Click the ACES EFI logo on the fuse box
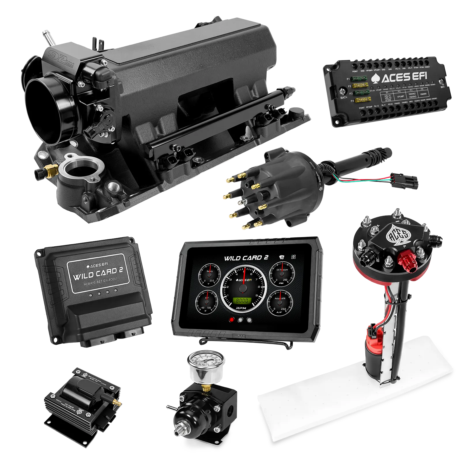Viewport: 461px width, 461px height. [x=399, y=77]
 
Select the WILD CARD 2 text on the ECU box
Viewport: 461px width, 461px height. [x=98, y=273]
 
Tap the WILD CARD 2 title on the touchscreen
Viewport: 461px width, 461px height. [x=246, y=258]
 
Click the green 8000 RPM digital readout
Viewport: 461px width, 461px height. [x=242, y=301]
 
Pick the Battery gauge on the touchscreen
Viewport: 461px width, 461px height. [x=210, y=275]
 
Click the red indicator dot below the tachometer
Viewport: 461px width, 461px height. [x=231, y=320]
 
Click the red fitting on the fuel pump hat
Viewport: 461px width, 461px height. [x=405, y=259]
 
